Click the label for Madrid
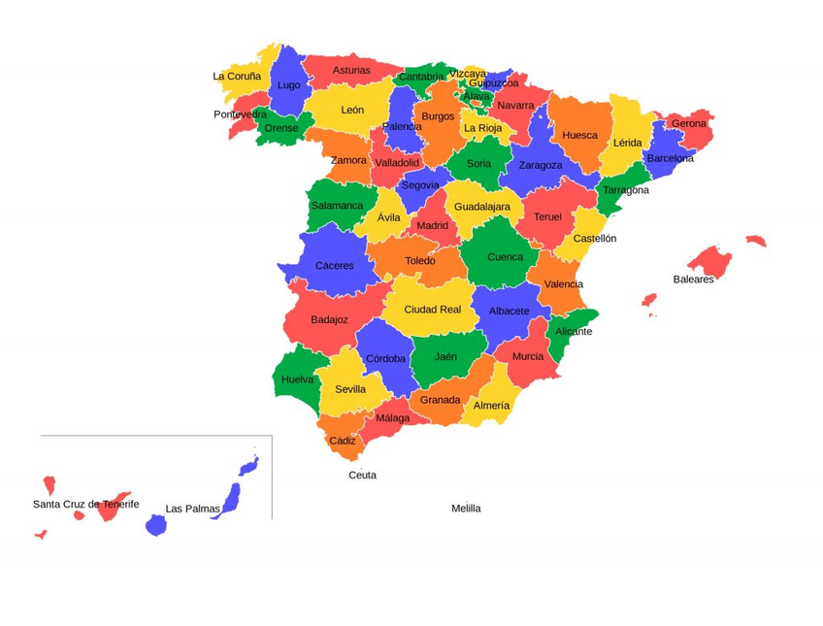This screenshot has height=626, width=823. point(432,226)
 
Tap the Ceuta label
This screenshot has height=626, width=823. point(362,476)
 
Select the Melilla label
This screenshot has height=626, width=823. point(466,509)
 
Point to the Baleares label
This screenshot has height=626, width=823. point(693,280)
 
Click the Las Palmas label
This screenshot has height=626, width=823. point(192,509)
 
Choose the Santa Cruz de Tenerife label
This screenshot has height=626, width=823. point(85,505)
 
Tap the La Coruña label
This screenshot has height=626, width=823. point(237,77)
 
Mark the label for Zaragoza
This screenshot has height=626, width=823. point(541,165)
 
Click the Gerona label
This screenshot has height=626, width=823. point(689,124)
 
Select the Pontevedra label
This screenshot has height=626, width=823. point(240,115)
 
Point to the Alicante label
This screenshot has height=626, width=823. point(574,332)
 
